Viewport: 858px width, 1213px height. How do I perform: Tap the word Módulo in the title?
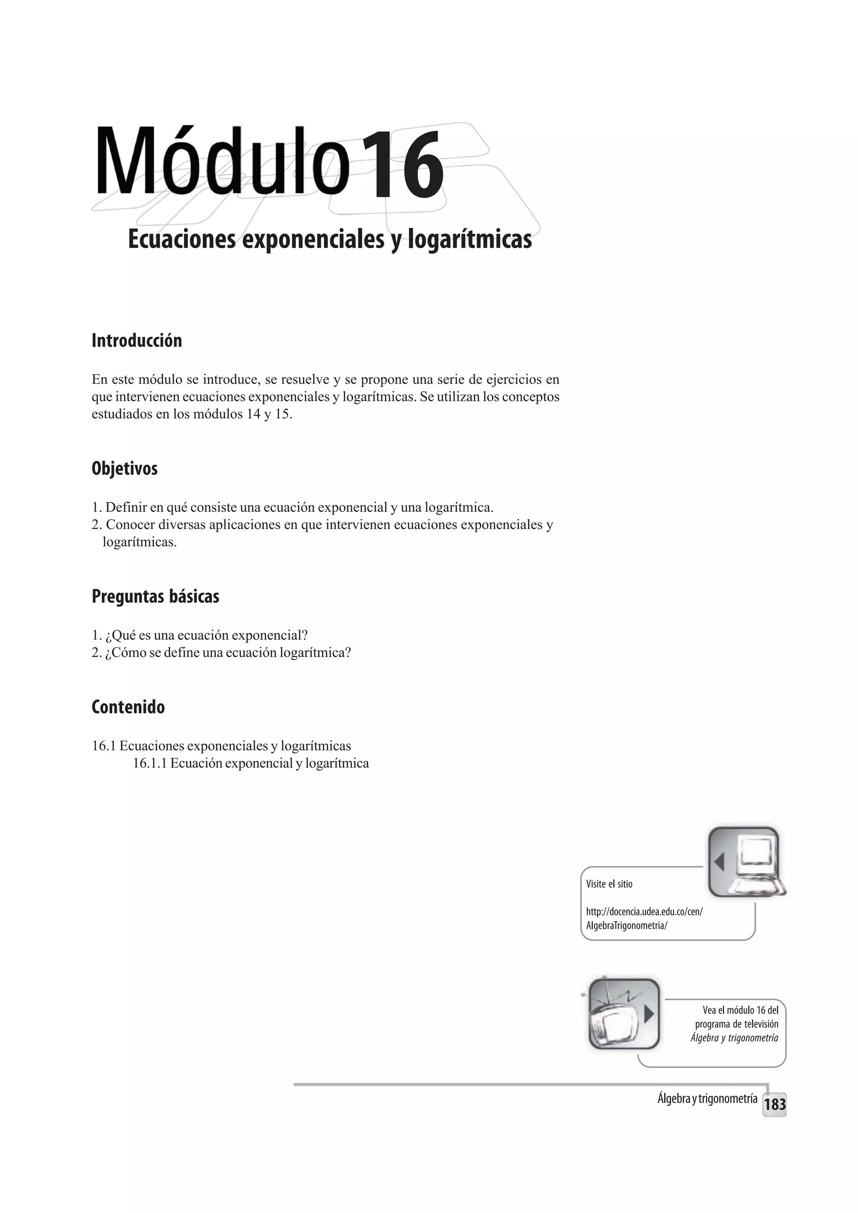[222, 161]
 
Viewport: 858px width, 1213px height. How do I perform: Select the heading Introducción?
[137, 341]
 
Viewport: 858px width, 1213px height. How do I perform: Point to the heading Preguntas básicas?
[155, 596]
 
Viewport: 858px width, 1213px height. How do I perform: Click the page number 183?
[775, 1104]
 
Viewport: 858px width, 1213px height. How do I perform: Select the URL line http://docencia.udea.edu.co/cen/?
[644, 912]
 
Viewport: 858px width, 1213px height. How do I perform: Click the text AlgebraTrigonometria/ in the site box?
[626, 925]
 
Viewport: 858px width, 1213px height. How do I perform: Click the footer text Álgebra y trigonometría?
[707, 1099]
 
